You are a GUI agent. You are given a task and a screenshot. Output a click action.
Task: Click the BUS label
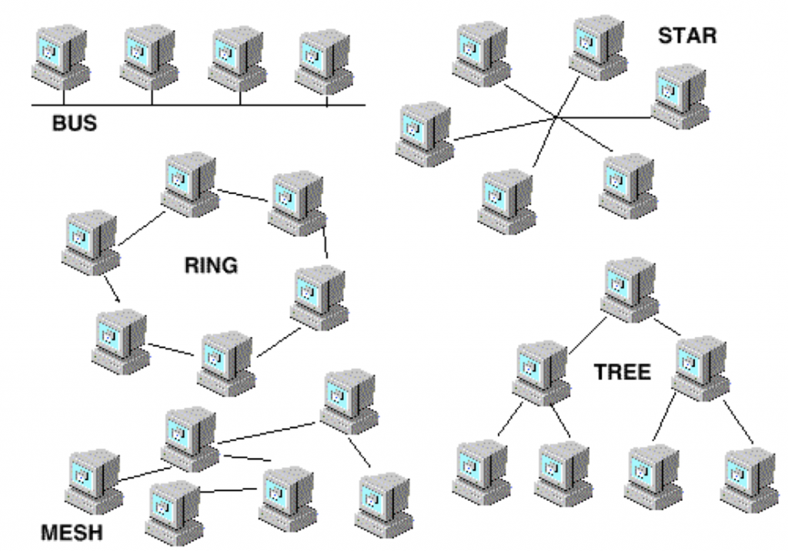[75, 123]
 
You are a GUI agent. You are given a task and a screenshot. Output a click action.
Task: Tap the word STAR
[687, 35]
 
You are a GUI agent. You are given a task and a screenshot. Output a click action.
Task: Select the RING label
[211, 266]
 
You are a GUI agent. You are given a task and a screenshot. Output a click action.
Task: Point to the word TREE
[622, 372]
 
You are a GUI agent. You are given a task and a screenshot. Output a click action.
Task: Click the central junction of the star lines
[556, 118]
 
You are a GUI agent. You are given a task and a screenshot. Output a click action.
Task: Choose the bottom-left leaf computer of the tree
[480, 471]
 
